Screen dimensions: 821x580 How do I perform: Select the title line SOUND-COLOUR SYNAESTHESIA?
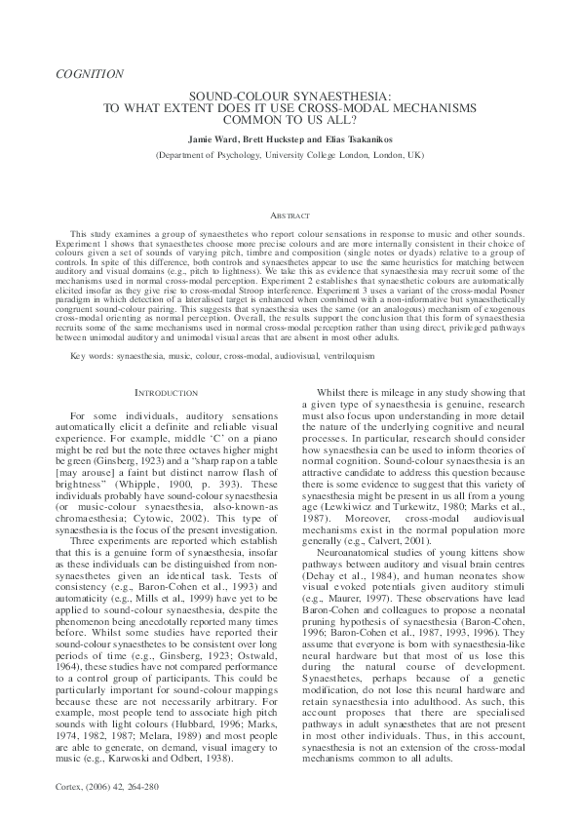click(x=290, y=98)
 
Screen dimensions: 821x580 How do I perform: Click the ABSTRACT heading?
click(x=290, y=215)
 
